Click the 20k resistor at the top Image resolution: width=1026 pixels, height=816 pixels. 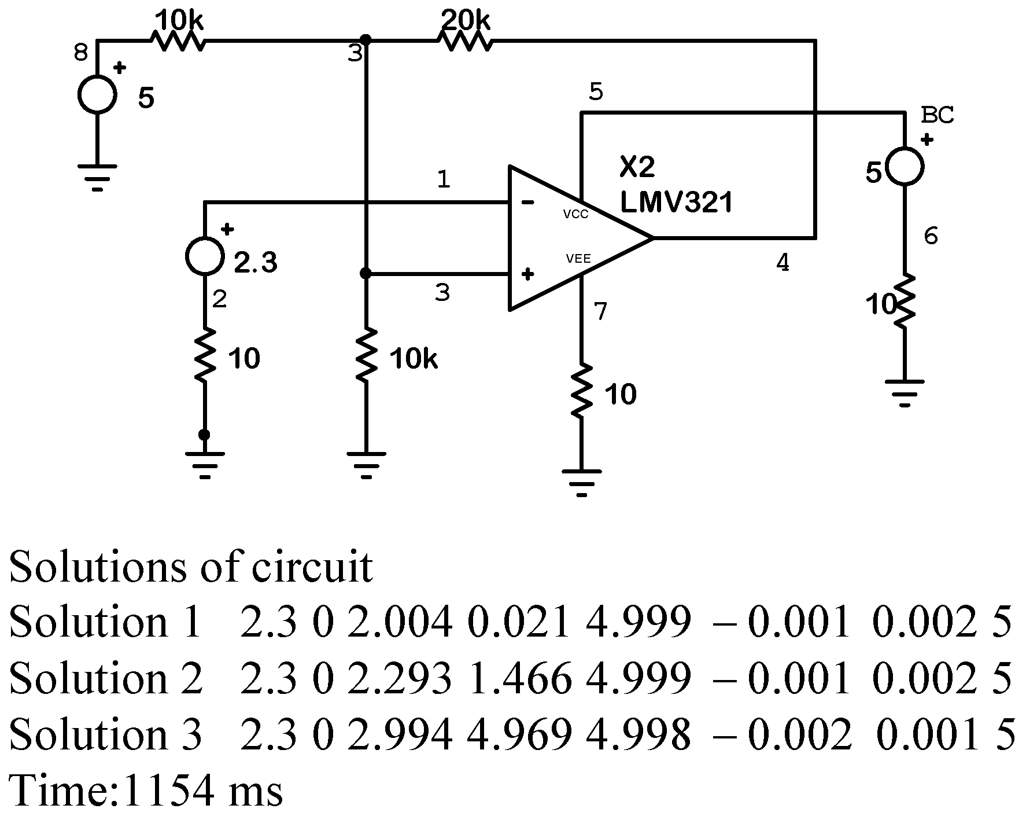coord(464,41)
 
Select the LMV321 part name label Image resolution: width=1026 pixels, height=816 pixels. coord(676,203)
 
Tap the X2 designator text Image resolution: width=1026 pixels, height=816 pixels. coord(637,167)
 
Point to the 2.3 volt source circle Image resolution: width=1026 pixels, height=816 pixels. coord(205,255)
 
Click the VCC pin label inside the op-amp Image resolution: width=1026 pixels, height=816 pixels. coord(575,215)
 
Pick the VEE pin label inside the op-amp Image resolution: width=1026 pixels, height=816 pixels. coord(578,259)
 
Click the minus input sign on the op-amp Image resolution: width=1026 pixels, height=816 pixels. coord(527,203)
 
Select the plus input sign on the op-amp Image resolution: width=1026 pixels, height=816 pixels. coord(527,274)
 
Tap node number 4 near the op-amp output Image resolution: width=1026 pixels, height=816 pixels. coord(782,263)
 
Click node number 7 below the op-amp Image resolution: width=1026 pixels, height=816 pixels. coord(601,311)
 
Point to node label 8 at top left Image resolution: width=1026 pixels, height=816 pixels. coord(81,54)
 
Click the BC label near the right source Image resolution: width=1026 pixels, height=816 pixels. coord(937,115)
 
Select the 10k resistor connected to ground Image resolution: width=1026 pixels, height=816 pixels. coord(366,355)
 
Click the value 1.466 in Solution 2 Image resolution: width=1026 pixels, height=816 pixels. coord(519,678)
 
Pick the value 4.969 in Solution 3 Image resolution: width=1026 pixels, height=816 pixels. coord(519,734)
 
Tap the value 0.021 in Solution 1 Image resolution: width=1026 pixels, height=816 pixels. coord(519,623)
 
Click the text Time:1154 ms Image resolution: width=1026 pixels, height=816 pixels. coord(146,790)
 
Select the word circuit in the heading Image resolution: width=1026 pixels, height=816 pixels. coord(312,567)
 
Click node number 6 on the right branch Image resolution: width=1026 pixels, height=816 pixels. coord(931,236)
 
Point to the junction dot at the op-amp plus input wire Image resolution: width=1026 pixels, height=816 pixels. coord(366,273)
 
